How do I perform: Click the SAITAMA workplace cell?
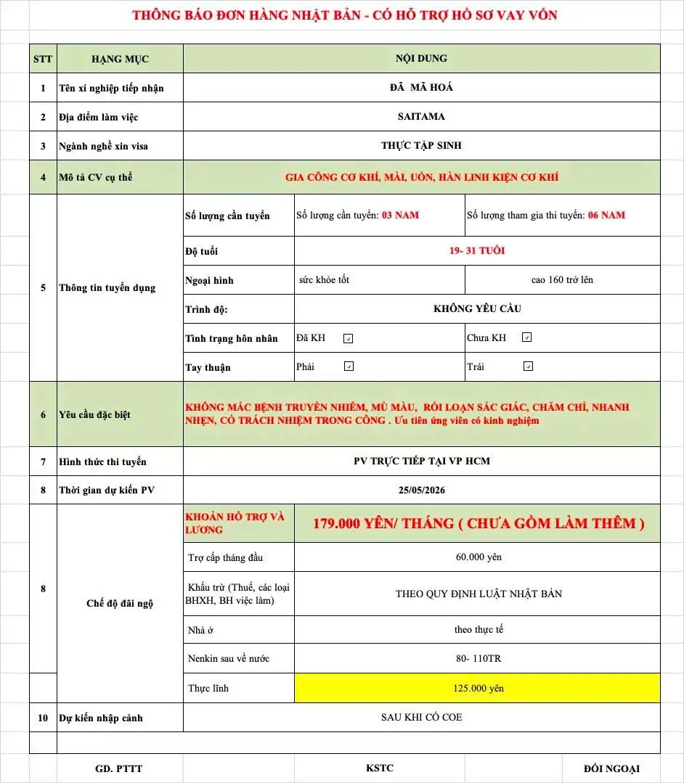tap(421, 116)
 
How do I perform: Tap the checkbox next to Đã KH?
tap(348, 338)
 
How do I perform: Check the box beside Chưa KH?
tap(527, 337)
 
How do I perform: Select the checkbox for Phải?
tap(348, 366)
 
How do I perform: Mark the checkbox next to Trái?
tap(528, 366)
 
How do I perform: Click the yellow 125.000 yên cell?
tap(477, 688)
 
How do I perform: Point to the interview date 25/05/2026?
tap(421, 490)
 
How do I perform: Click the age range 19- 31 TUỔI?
tap(477, 251)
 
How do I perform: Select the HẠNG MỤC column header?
tap(120, 59)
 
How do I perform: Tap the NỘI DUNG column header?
tap(421, 58)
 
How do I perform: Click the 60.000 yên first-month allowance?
tap(477, 557)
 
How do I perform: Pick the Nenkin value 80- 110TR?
tap(477, 659)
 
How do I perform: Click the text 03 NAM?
tap(400, 215)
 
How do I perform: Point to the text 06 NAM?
tap(606, 215)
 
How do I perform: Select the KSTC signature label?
tap(380, 768)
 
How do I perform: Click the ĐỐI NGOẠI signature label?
tap(611, 768)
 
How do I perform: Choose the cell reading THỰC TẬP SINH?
tap(421, 145)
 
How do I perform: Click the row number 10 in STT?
tap(43, 718)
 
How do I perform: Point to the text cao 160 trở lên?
tap(562, 279)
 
